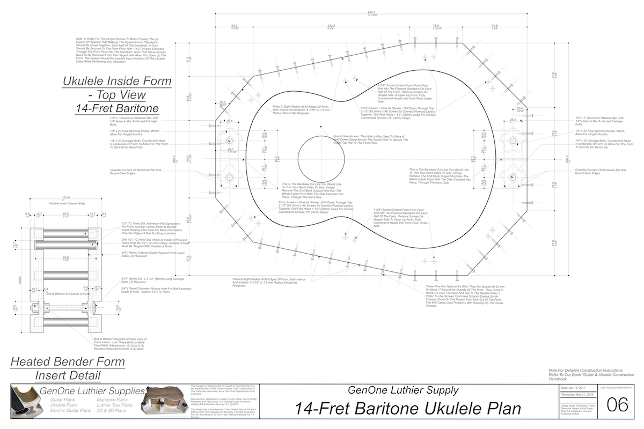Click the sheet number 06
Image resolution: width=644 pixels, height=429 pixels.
coord(617,405)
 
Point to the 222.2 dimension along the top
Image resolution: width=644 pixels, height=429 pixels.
coord(332,25)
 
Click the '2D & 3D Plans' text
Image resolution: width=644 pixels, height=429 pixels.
coord(114,412)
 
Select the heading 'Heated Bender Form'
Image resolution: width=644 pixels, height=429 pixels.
coord(68,362)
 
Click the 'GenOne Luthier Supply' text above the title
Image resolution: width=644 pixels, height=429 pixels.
coord(403,390)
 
